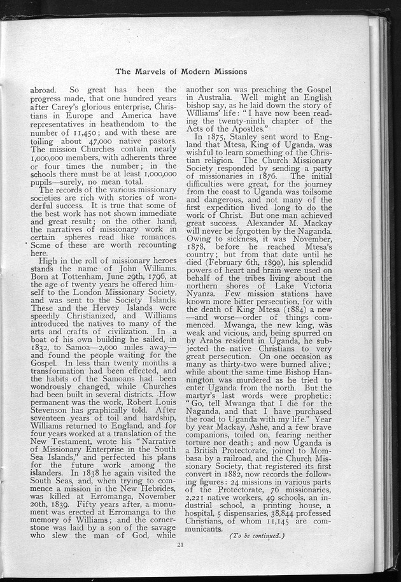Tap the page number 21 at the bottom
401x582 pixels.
point(181,543)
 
